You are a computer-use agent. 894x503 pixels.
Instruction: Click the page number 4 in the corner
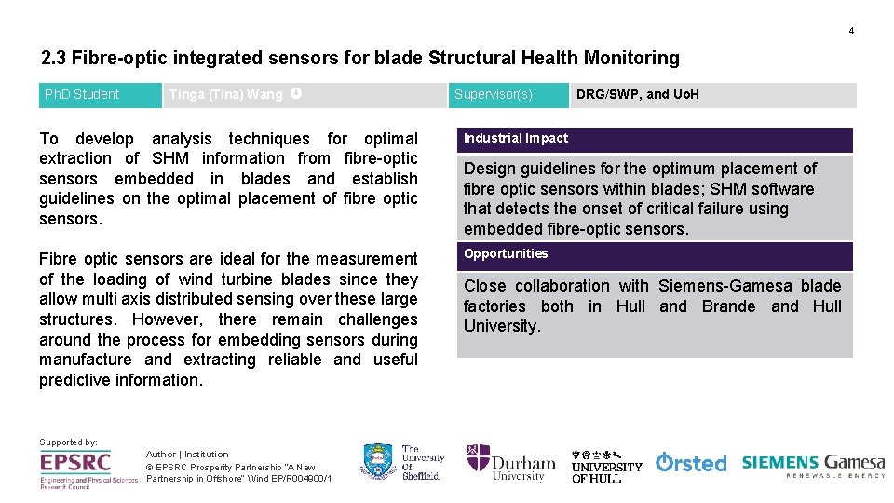click(850, 31)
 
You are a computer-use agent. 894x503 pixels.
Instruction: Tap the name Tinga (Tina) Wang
click(225, 94)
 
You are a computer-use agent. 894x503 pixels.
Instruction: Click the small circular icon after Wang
click(295, 93)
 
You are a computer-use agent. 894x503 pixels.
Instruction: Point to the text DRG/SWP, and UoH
click(637, 94)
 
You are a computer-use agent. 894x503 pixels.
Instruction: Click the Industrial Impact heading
click(516, 139)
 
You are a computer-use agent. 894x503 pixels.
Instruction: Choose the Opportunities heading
click(506, 254)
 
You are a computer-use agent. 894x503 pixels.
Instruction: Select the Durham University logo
click(510, 462)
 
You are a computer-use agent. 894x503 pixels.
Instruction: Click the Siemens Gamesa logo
click(813, 464)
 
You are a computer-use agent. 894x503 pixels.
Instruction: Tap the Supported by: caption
click(68, 442)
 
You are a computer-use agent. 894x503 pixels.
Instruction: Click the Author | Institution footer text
click(187, 455)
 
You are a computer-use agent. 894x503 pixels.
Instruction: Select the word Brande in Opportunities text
click(728, 306)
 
